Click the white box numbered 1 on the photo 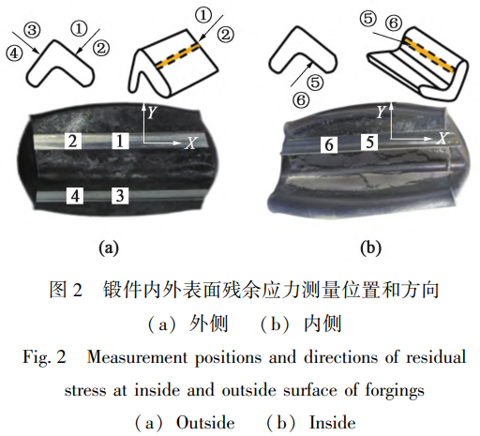click(120, 141)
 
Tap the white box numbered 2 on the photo click(73, 141)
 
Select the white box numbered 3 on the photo click(120, 196)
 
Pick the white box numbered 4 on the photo click(75, 196)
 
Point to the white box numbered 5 click(369, 143)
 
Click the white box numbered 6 click(329, 145)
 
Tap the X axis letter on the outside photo click(190, 143)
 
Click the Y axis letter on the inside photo click(382, 112)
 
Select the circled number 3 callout click(32, 30)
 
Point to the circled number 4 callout click(14, 53)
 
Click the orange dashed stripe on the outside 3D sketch click(178, 55)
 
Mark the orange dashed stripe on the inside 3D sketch click(428, 55)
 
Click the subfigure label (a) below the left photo click(109, 248)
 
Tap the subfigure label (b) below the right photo click(371, 248)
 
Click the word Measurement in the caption click(137, 357)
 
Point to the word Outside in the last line click(205, 423)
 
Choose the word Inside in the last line click(333, 423)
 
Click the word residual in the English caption click(436, 357)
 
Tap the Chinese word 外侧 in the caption click(209, 323)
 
